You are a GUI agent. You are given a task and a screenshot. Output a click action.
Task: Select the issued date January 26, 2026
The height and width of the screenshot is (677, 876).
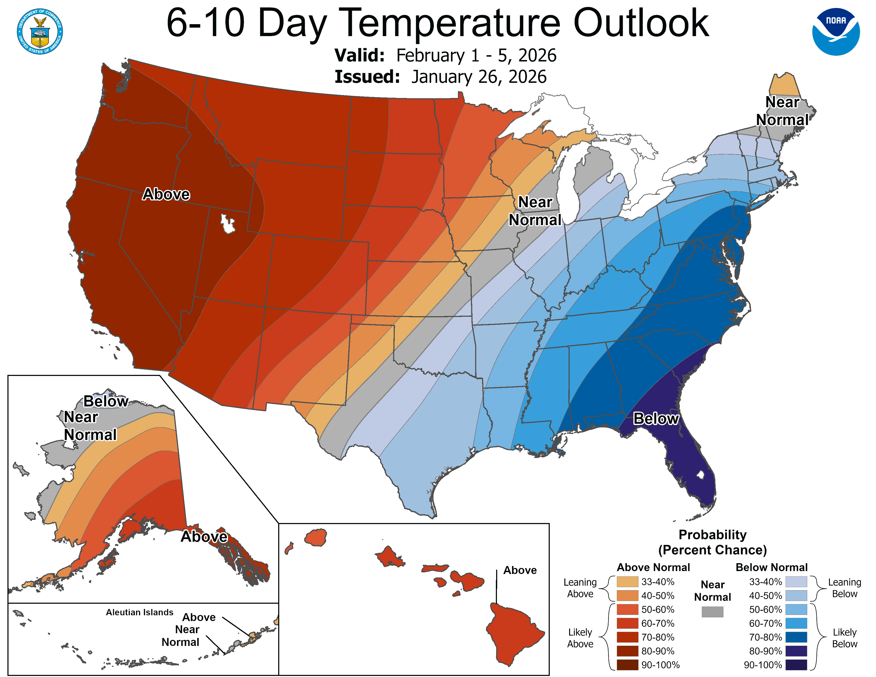point(479,77)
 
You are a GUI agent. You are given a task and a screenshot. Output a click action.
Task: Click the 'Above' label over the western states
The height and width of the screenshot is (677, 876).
point(166,194)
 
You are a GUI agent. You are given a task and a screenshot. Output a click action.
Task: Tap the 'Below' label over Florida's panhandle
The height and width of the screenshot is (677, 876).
point(655,419)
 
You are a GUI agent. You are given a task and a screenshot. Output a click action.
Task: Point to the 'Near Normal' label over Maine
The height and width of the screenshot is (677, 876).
point(782,111)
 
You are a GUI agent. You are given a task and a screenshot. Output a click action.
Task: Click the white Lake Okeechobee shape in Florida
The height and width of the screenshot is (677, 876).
point(700,475)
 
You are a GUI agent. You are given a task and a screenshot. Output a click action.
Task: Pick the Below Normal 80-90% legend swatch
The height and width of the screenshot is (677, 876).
point(796,651)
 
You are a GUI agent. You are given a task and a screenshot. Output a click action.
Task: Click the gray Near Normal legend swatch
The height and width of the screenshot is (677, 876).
point(712,612)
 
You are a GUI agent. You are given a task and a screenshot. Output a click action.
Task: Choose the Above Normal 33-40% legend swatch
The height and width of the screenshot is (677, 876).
point(627,581)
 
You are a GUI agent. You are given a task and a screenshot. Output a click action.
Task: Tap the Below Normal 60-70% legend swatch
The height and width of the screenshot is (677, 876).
point(796,623)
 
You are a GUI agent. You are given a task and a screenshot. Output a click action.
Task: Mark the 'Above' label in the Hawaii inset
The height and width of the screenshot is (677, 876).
point(520,570)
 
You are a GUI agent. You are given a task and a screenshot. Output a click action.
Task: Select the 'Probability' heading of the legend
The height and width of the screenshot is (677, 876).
point(712,535)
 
